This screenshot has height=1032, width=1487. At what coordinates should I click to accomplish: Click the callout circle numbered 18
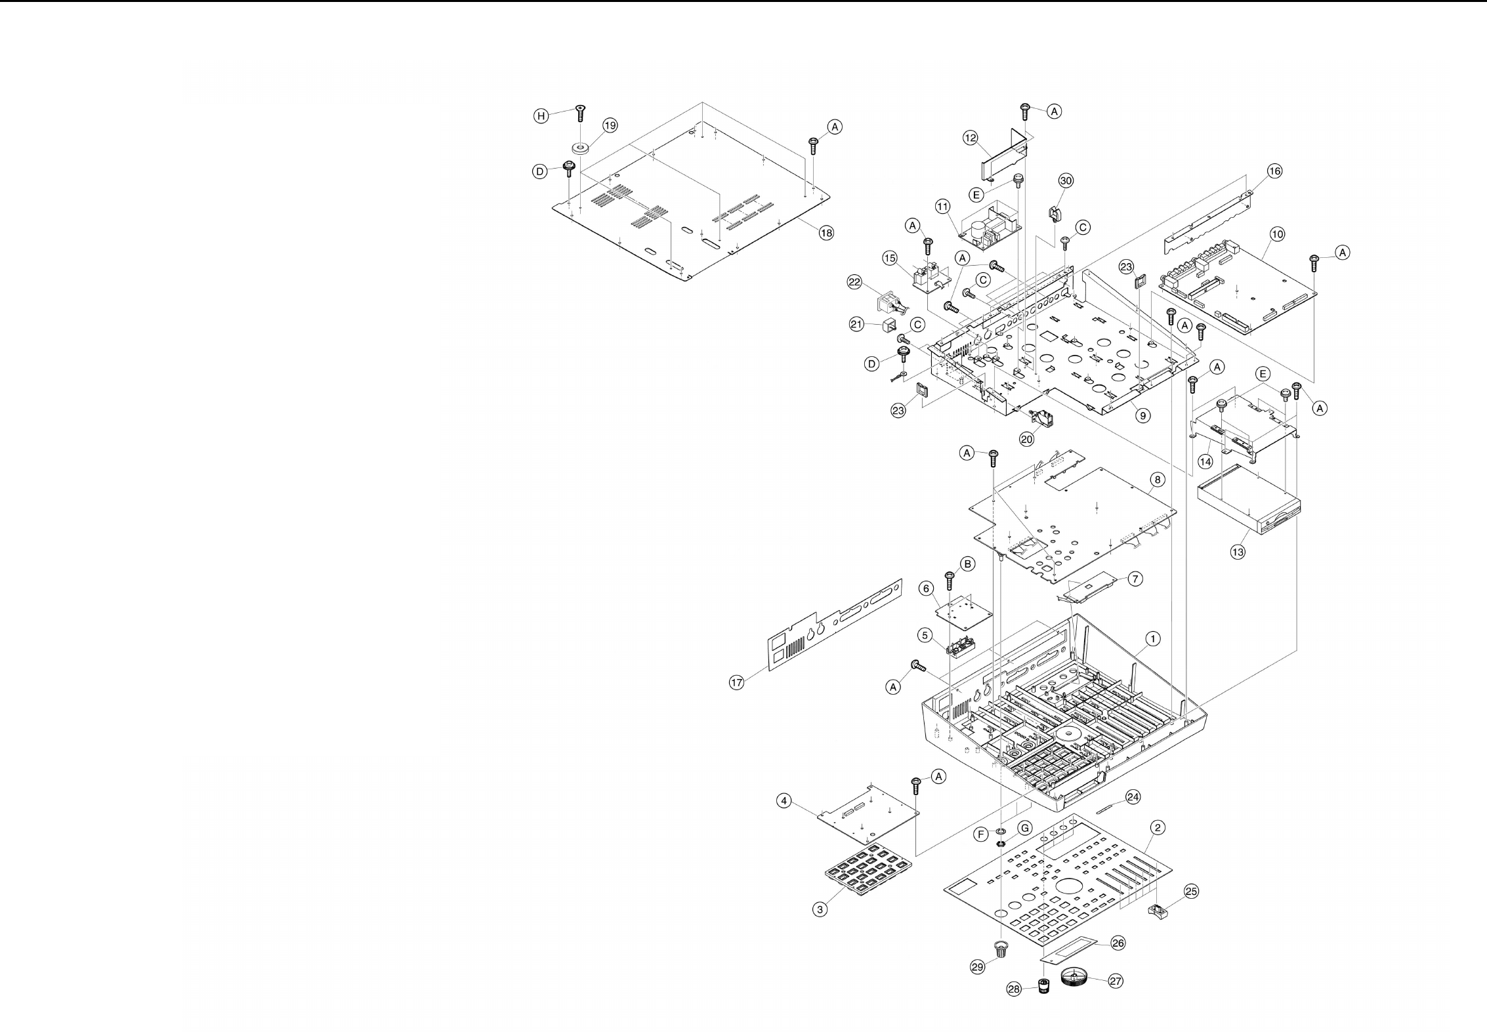click(826, 232)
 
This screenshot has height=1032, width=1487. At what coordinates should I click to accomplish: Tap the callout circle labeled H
click(540, 116)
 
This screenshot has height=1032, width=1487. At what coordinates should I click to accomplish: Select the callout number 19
click(610, 125)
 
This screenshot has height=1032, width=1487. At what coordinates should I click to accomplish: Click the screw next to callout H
click(579, 113)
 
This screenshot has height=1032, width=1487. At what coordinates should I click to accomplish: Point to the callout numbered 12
click(971, 138)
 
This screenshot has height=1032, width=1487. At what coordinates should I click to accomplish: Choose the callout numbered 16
click(1274, 171)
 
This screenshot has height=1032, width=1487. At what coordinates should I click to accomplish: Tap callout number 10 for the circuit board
click(1277, 234)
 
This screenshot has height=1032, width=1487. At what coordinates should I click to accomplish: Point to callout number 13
click(1237, 552)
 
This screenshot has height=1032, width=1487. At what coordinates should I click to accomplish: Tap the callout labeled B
click(967, 564)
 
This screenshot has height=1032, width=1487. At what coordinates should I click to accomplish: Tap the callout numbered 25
click(1191, 891)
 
